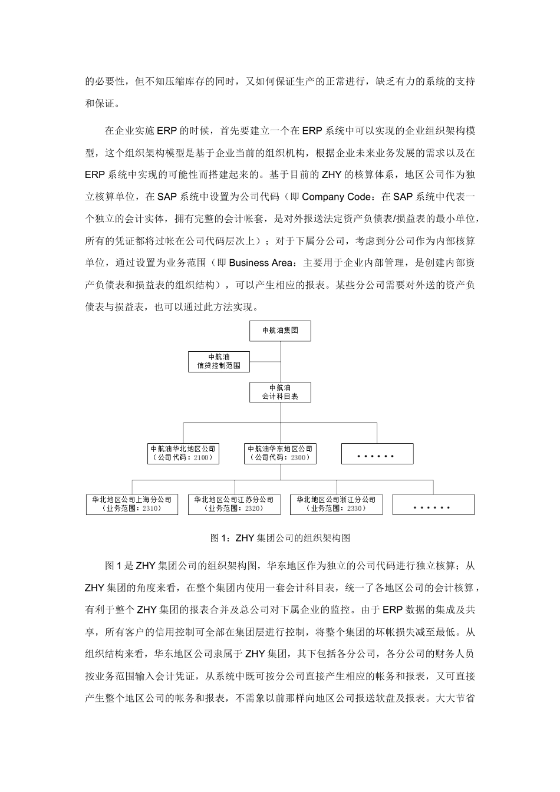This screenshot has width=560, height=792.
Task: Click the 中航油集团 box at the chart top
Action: [280, 331]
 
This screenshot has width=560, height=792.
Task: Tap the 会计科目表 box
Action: [280, 392]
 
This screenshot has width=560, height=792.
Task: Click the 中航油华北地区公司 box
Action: [183, 453]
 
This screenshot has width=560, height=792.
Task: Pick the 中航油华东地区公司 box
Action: [280, 453]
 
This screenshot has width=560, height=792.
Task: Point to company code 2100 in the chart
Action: [200, 458]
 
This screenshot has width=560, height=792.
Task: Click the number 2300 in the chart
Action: [298, 458]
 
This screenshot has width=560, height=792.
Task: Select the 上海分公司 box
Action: [132, 504]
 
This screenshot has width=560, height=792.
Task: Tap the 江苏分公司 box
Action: [235, 504]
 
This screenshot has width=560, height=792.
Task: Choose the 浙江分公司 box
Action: [336, 504]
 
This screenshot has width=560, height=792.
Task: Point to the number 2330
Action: [355, 509]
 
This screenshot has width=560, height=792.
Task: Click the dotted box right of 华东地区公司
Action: [377, 454]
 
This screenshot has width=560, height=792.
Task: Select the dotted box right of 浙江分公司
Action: [433, 505]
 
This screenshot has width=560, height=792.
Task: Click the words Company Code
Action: [337, 197]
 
